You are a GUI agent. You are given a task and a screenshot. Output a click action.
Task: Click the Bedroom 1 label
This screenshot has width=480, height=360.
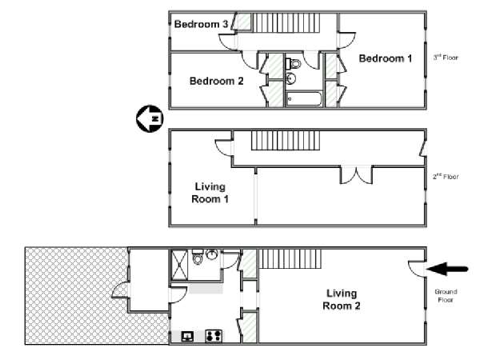[386, 58]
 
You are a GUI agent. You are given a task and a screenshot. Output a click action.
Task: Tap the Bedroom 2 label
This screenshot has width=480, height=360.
[217, 81]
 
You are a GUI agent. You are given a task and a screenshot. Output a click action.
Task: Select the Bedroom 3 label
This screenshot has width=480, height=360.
[201, 24]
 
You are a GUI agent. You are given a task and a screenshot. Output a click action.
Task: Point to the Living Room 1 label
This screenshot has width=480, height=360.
[210, 193]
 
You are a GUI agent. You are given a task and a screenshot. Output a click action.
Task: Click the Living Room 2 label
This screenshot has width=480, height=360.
[342, 299]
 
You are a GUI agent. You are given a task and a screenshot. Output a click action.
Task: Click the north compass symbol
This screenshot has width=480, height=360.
[150, 118]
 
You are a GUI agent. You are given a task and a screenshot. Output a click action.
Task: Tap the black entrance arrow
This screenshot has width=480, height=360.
[447, 269]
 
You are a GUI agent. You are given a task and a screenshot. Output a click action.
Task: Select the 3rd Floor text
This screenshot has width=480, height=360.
[446, 58]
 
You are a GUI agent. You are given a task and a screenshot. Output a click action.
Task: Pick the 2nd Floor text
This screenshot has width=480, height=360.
[446, 176]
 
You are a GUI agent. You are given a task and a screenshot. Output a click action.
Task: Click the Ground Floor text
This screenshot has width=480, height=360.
[446, 296]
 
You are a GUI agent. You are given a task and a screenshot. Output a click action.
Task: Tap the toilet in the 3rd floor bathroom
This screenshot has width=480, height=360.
[294, 64]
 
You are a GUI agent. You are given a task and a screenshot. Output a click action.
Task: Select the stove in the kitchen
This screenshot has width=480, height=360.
[214, 336]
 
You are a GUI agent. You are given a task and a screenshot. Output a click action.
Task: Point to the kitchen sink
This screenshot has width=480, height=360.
[187, 337]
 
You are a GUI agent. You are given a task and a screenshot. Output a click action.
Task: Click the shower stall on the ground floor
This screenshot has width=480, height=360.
[179, 265]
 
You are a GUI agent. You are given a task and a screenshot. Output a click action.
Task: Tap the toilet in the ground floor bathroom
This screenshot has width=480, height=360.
[198, 257]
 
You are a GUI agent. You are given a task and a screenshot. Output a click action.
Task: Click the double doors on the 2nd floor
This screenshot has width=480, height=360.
[356, 174]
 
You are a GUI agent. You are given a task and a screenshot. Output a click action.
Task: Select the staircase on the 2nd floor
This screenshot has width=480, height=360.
[286, 141]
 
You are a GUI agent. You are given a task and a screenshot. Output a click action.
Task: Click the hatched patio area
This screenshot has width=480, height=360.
[77, 295]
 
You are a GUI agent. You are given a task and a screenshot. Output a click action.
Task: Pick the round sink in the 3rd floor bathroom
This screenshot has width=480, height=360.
[290, 78]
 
